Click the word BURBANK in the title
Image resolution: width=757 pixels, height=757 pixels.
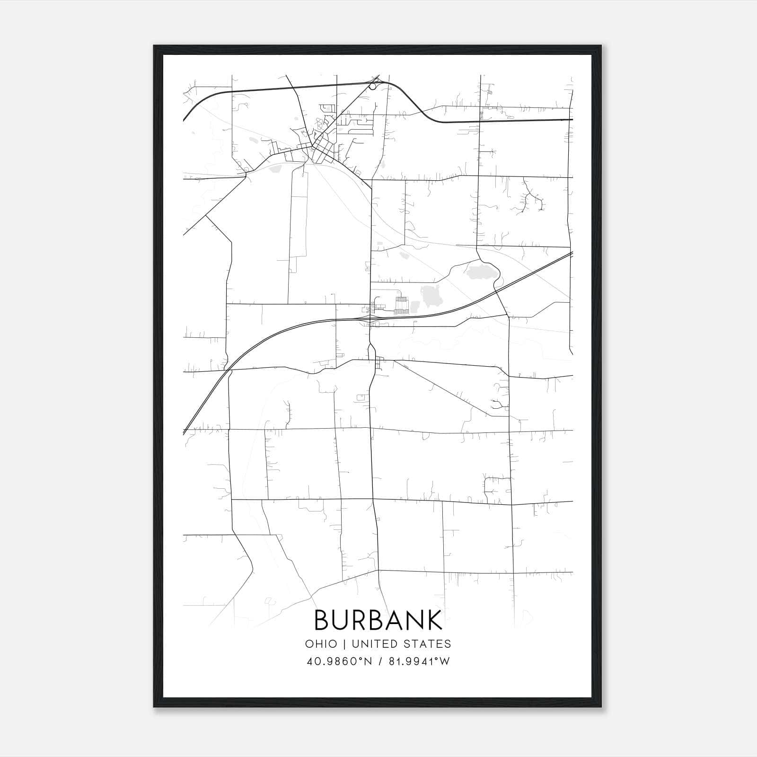(x=378, y=620)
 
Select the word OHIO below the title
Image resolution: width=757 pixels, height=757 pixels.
(x=321, y=644)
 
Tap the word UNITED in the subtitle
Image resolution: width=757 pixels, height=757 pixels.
(x=374, y=644)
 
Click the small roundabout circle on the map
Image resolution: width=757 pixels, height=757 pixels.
(x=373, y=86)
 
